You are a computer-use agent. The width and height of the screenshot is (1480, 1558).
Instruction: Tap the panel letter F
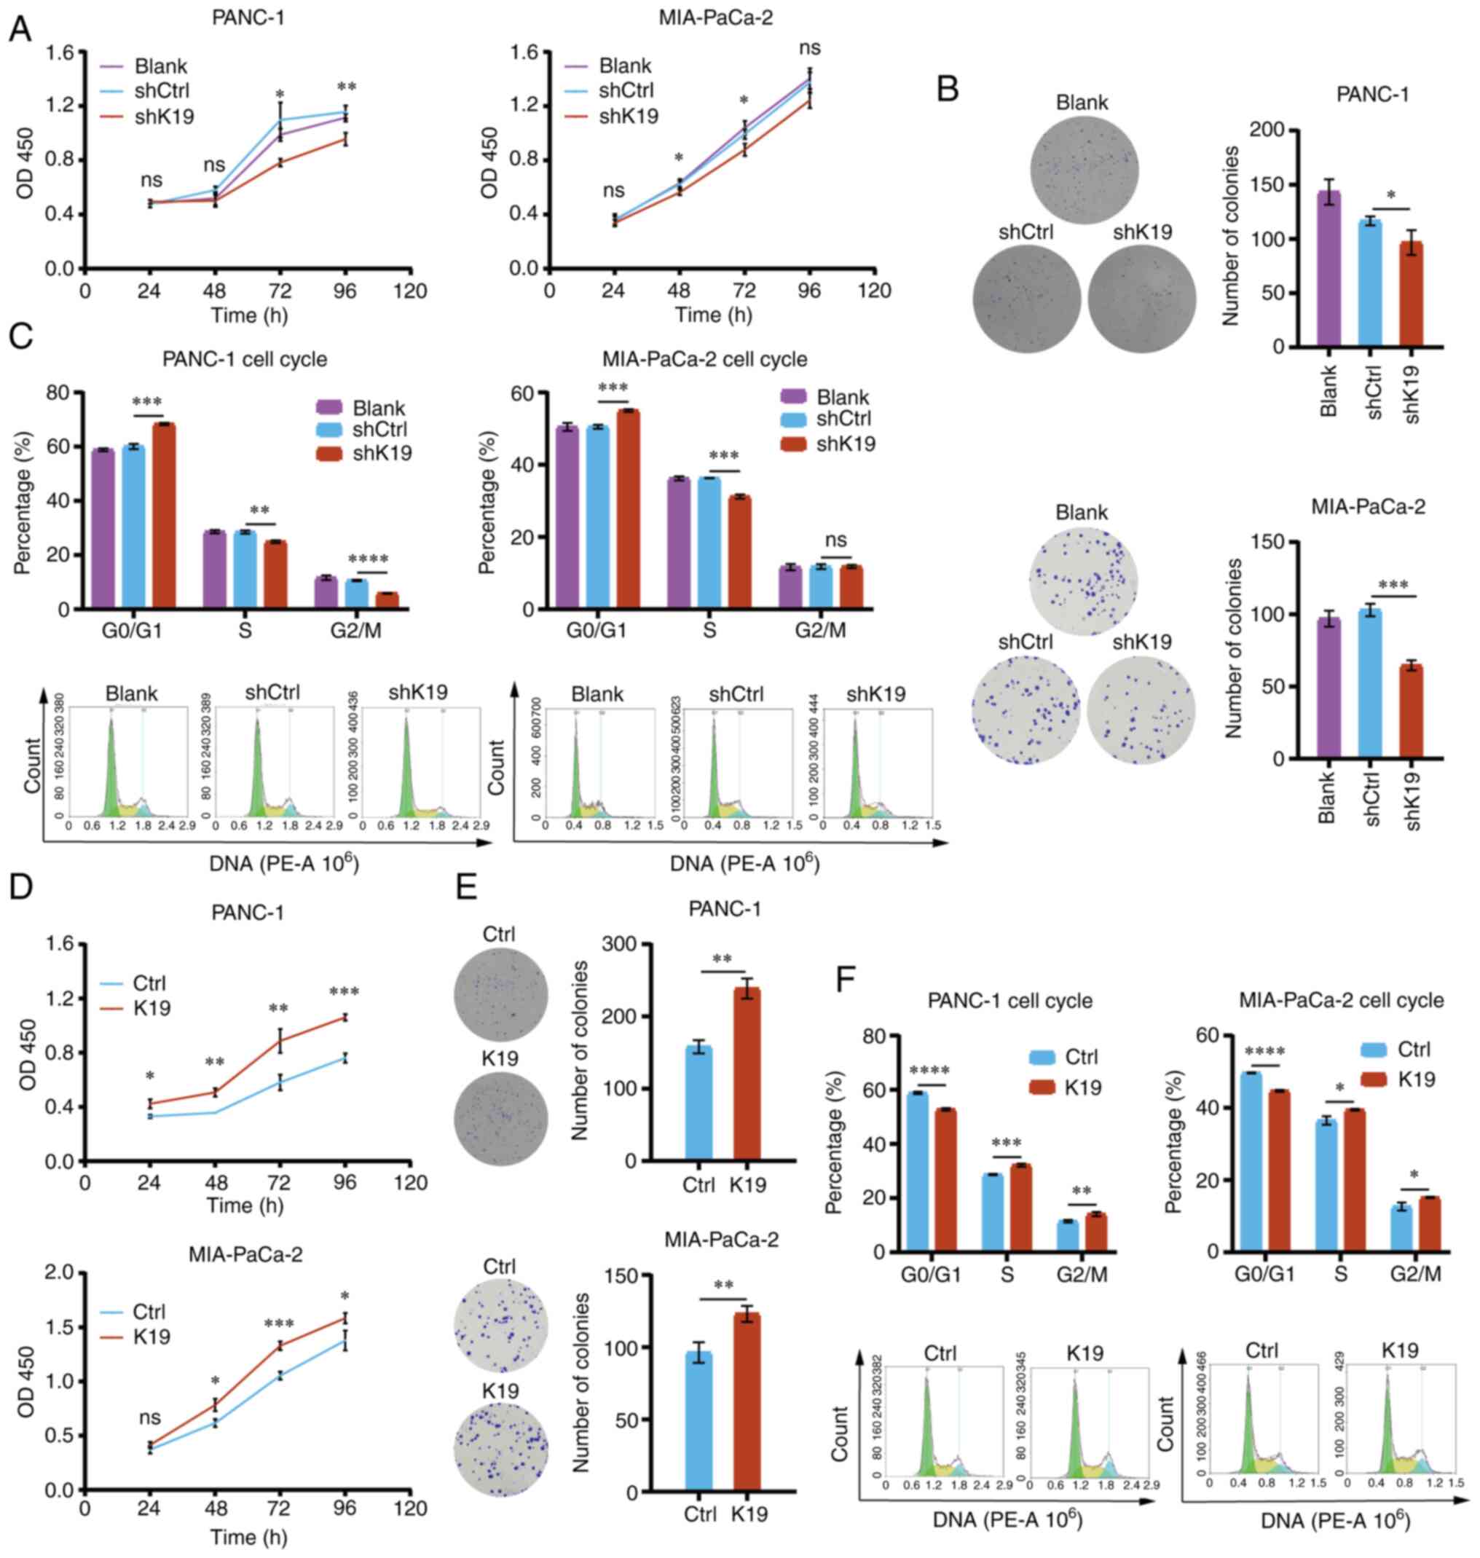coord(846,981)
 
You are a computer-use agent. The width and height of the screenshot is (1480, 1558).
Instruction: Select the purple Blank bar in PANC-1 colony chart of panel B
coord(1329,268)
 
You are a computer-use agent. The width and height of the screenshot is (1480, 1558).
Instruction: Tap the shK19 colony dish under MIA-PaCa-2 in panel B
coord(1141,710)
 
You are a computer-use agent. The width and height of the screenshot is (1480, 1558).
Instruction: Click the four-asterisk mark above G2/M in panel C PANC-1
coord(368,561)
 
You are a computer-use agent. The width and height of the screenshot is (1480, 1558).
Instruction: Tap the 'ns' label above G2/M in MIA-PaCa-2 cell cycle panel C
coord(835,540)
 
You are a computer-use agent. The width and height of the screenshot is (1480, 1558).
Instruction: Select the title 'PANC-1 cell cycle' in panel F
coord(1009,1001)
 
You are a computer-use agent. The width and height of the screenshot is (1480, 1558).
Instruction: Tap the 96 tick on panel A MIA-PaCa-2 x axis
coord(808,291)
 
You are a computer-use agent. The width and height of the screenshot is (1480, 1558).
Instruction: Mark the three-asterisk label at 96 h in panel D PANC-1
coord(344,992)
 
